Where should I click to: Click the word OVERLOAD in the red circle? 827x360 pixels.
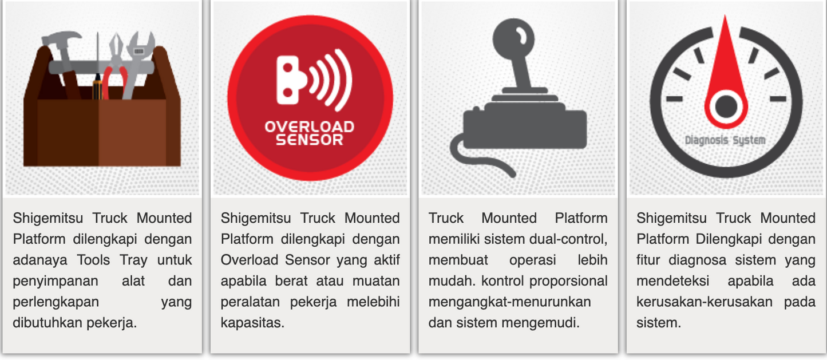tap(310, 126)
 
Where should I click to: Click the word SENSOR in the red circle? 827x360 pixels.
tap(310, 140)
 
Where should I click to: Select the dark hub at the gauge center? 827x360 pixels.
tap(726, 106)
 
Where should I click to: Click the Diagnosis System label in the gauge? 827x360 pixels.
tap(725, 140)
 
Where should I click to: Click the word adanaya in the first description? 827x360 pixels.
tap(40, 260)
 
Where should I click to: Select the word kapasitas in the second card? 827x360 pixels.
tap(252, 323)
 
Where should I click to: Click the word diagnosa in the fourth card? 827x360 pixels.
tap(698, 260)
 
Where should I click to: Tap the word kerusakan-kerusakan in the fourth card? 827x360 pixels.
tap(705, 302)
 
